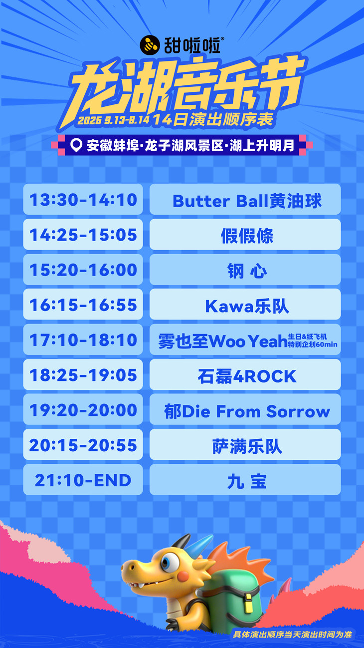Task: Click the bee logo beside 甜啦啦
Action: [x=150, y=45]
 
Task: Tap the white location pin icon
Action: [x=76, y=145]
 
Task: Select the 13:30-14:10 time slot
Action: [x=83, y=199]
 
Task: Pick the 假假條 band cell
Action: [x=245, y=234]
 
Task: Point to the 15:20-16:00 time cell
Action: [x=83, y=270]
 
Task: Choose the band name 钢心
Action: [x=247, y=271]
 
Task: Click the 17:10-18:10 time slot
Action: [x=83, y=339]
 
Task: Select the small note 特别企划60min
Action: [x=313, y=344]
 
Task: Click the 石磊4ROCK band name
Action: [x=247, y=376]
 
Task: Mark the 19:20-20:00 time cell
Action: [x=83, y=410]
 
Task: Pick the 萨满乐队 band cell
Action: [x=245, y=445]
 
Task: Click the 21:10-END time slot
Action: [x=83, y=480]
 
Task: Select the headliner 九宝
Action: [x=247, y=481]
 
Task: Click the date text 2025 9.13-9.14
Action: [x=114, y=120]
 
